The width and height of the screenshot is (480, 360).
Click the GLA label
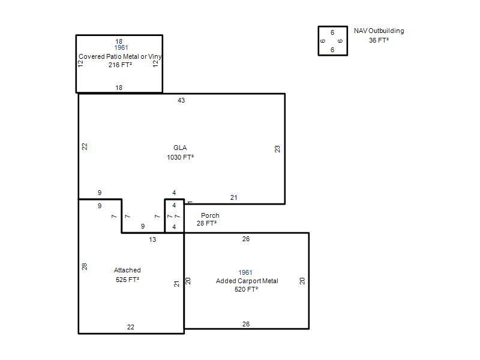coord(180,148)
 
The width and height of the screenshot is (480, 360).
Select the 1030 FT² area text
coord(181,157)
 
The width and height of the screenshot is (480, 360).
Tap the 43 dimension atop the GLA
coord(181,100)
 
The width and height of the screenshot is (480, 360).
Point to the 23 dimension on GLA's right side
coord(277,149)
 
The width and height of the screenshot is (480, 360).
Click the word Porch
coord(210,215)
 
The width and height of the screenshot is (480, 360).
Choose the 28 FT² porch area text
coord(206,223)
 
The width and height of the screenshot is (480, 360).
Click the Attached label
coord(127,270)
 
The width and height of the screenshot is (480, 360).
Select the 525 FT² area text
coord(127,280)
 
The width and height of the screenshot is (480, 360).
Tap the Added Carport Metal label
coord(247,281)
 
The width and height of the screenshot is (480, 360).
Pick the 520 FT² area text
coord(247,289)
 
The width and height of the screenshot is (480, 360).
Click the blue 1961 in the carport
coord(245,272)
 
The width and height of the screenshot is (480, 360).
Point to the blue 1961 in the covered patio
coord(121,47)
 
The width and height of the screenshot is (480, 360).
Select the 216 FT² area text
coord(121,65)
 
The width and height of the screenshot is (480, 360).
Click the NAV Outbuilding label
coord(379,31)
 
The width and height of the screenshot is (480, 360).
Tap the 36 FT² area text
coord(379,40)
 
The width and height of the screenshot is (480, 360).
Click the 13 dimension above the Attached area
coord(152,239)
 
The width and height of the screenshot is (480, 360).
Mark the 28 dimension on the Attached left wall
coord(85,266)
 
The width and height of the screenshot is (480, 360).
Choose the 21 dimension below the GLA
coord(234,198)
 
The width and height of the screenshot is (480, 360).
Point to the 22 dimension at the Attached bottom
coord(131,327)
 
